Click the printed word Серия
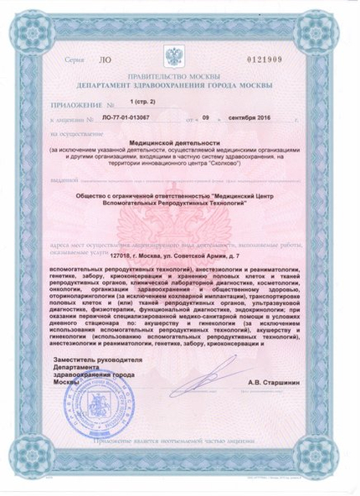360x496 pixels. point(71,62)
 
